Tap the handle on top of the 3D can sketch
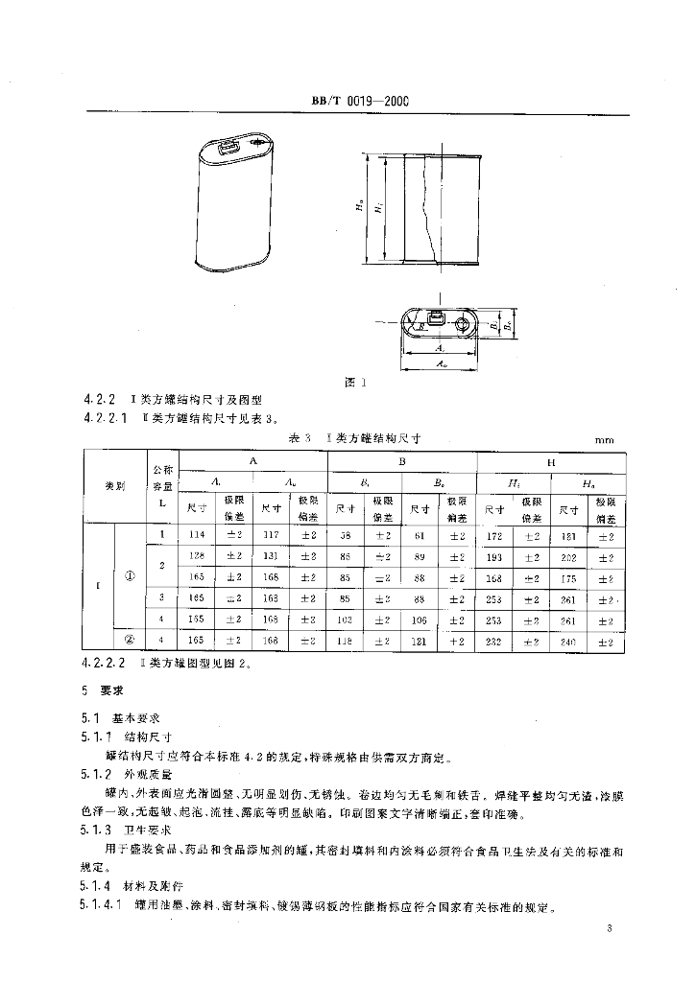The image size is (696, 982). click(229, 148)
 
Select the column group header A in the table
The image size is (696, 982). click(252, 461)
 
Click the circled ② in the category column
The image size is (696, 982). click(130, 640)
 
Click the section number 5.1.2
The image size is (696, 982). click(97, 772)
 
